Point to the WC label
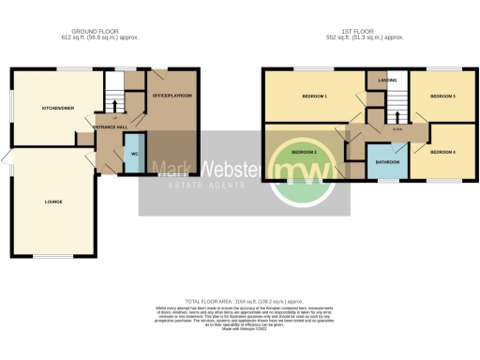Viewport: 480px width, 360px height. (x=134, y=154)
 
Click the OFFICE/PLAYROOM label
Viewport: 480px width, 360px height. (x=172, y=95)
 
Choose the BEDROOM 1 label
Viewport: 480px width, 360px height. (x=313, y=97)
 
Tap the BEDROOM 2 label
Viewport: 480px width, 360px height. (x=303, y=152)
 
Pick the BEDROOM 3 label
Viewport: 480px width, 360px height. (x=442, y=97)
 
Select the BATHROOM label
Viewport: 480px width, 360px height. (x=387, y=162)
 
